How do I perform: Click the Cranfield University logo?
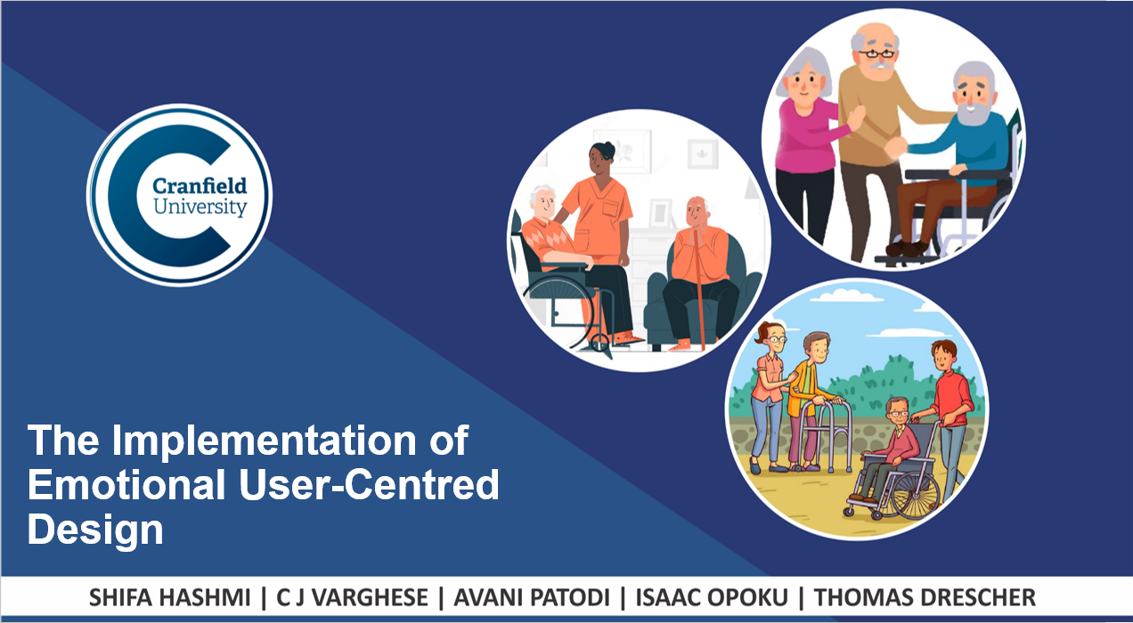click(x=180, y=195)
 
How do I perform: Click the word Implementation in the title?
click(x=264, y=441)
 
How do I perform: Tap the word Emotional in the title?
click(x=126, y=484)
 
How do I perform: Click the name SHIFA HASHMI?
click(x=170, y=598)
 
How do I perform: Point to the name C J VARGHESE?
click(x=352, y=598)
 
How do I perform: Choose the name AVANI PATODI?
click(x=532, y=598)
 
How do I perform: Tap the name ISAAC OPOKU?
click(x=712, y=598)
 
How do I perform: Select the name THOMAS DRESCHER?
click(x=925, y=598)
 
